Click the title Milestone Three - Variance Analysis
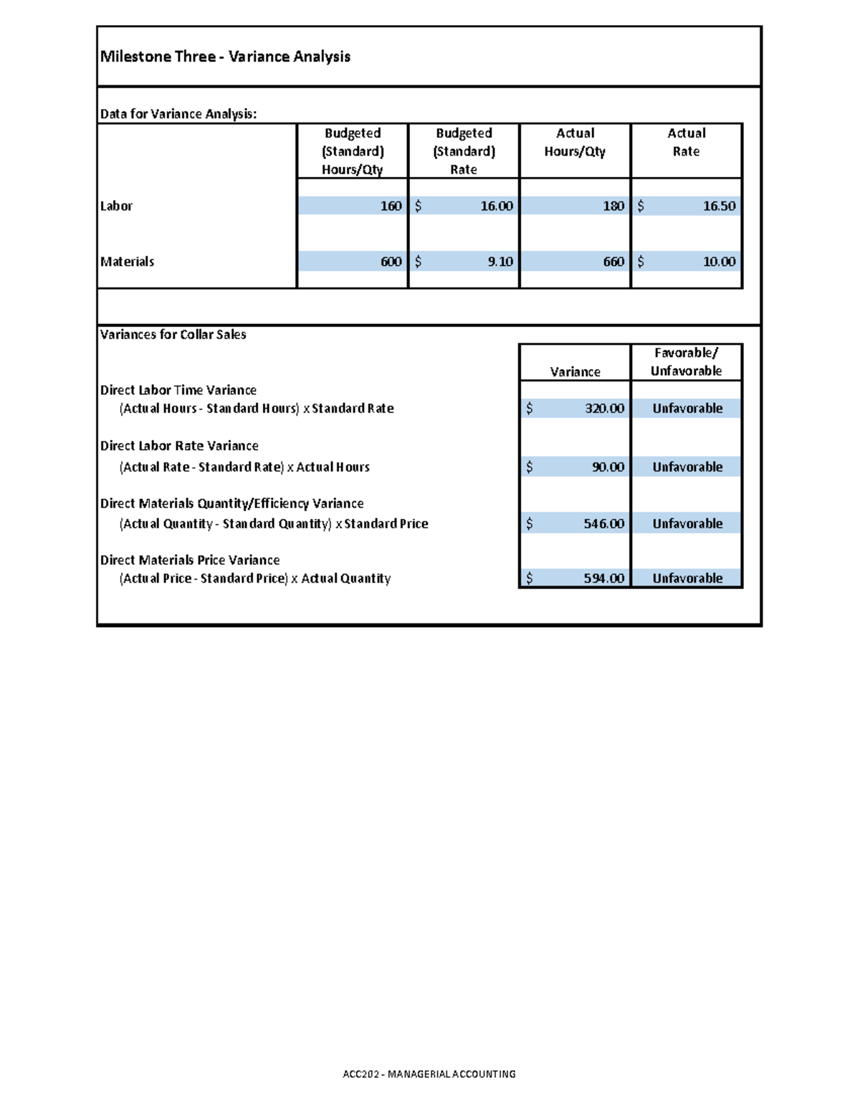click(x=225, y=57)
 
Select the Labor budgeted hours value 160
click(x=391, y=206)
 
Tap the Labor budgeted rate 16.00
click(x=496, y=206)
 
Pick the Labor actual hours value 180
click(x=613, y=206)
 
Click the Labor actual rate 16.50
click(x=719, y=206)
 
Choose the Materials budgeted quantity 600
click(x=391, y=262)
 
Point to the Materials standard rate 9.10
click(x=500, y=262)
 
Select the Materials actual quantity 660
click(x=613, y=262)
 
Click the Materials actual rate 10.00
click(x=719, y=262)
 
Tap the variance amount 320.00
click(x=604, y=409)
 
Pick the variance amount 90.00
click(x=608, y=467)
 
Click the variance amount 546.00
click(x=604, y=524)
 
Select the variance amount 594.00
click(x=604, y=578)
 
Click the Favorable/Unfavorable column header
click(x=686, y=362)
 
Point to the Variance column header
click(x=575, y=372)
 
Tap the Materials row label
click(x=127, y=262)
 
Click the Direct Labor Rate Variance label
click(x=179, y=446)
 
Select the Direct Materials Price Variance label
click(x=190, y=560)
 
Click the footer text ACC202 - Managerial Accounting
click(x=429, y=1074)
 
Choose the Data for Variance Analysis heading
click(x=178, y=114)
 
